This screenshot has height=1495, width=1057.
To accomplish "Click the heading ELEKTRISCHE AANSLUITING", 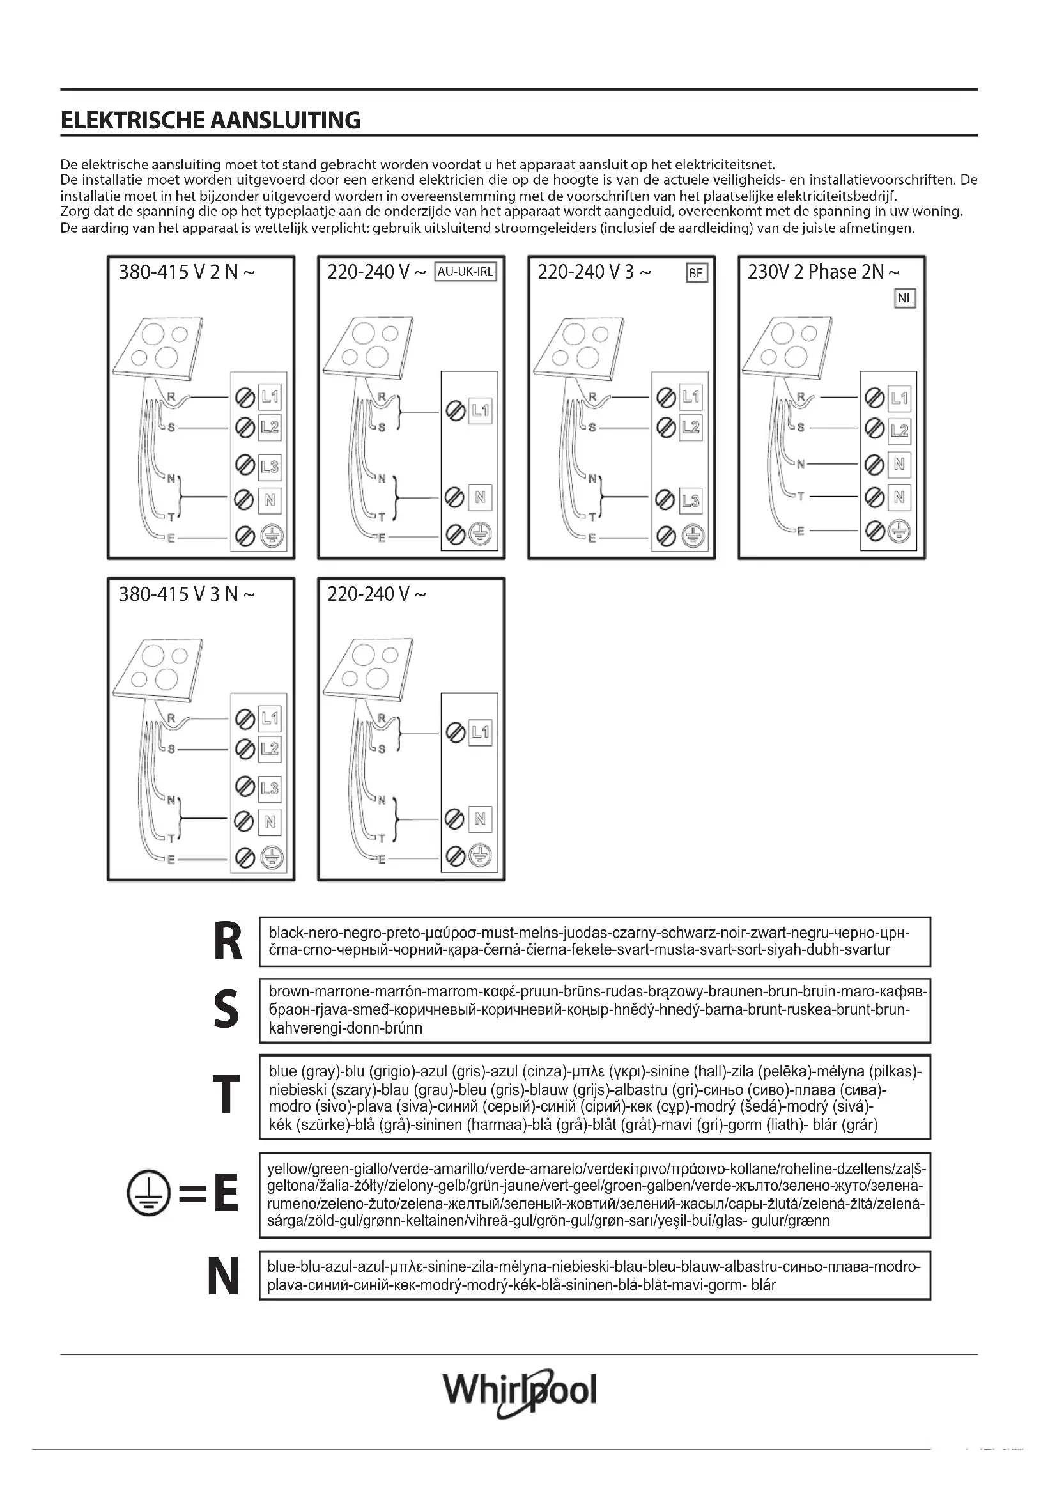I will point(210,120).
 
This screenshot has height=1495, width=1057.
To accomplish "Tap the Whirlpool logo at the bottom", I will point(520,1391).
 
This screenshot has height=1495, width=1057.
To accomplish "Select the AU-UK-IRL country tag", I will point(465,272).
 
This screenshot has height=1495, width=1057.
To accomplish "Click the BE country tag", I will point(696,273).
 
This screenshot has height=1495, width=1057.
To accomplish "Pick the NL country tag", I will point(905,299).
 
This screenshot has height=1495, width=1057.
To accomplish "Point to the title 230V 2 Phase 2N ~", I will point(823,272).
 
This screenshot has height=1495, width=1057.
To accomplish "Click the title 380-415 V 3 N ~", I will point(186,594).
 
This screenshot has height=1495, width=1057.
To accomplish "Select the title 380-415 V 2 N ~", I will point(186,272).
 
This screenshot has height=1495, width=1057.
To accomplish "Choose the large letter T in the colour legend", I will point(226,1096).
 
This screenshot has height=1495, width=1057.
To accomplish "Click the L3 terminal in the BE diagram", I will point(691,500).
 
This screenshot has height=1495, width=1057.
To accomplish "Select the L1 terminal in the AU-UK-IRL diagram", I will point(481,410).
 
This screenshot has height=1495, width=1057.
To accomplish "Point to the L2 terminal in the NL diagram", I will point(899,430).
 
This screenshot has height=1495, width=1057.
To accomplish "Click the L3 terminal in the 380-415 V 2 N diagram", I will point(270,466).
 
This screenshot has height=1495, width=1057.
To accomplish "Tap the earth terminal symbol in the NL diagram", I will point(899,531).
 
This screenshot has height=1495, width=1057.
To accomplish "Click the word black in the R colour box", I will point(285,933).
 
